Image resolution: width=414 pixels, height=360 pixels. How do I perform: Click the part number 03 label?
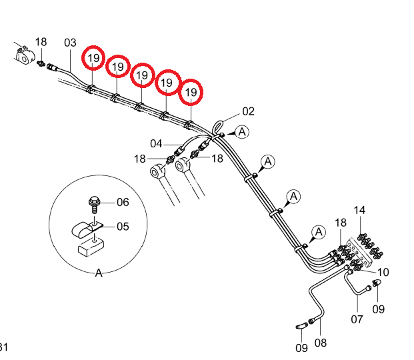pyautogui.click(x=70, y=43)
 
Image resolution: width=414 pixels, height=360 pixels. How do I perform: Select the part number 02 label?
pyautogui.click(x=248, y=111)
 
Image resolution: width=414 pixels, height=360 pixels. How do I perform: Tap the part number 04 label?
pyautogui.click(x=156, y=144)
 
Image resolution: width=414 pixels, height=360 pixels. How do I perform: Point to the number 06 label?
pyautogui.click(x=123, y=202)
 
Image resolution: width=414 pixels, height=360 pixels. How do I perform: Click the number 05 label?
pyautogui.click(x=123, y=227)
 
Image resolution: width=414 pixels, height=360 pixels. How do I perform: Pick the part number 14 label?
pyautogui.click(x=359, y=210)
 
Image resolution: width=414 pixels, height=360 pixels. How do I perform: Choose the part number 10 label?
pyautogui.click(x=383, y=272)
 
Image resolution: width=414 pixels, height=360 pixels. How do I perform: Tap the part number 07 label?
pyautogui.click(x=357, y=319)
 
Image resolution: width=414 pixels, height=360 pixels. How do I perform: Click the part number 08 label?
pyautogui.click(x=321, y=343)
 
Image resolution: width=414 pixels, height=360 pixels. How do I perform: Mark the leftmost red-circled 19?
pyautogui.click(x=93, y=58)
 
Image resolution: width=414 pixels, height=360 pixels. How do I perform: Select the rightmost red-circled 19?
pyautogui.click(x=191, y=92)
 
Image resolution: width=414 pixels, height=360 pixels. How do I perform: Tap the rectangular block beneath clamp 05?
pyautogui.click(x=91, y=247)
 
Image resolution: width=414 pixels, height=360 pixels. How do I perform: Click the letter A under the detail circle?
pyautogui.click(x=99, y=273)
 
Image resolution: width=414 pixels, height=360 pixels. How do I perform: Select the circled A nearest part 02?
pyautogui.click(x=242, y=131)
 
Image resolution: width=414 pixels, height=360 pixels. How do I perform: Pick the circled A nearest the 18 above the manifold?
pyautogui.click(x=319, y=232)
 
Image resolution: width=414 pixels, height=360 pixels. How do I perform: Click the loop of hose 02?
pyautogui.click(x=217, y=127)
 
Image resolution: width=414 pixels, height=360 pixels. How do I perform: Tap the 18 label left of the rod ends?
pyautogui.click(x=140, y=159)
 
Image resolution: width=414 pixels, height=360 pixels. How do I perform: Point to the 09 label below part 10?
pyautogui.click(x=379, y=309)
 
